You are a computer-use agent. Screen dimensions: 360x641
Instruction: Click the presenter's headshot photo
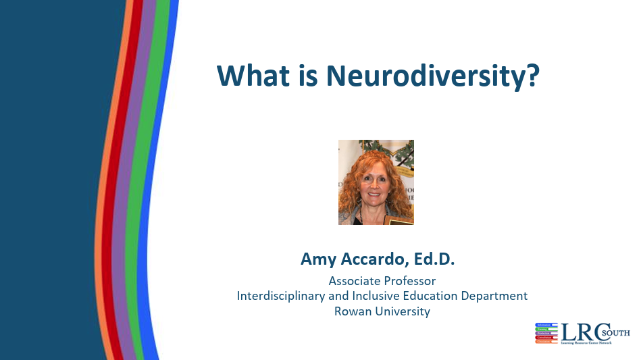(x=376, y=182)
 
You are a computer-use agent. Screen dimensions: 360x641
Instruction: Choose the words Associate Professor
(x=382, y=280)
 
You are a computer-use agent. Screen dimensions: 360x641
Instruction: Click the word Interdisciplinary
(x=278, y=296)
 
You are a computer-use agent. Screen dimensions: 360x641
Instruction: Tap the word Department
(x=498, y=296)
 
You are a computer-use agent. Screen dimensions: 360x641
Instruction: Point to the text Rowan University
(x=382, y=311)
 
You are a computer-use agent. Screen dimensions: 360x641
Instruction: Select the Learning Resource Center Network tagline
(x=586, y=343)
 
